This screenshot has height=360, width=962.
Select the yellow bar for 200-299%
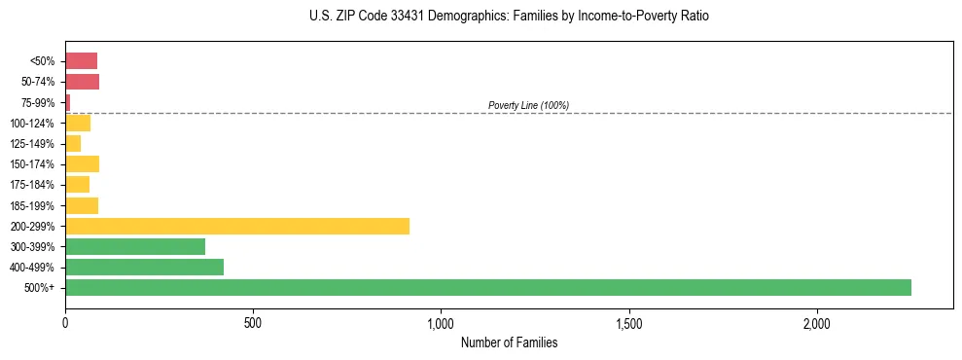(237, 226)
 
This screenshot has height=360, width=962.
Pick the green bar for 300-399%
(135, 246)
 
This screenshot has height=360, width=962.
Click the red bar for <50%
(81, 61)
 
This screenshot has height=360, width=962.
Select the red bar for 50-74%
(82, 82)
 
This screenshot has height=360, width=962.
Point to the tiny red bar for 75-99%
(68, 102)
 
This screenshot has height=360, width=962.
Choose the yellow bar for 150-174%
(82, 163)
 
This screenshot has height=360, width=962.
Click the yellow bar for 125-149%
(73, 143)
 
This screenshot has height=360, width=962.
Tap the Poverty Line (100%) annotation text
(528, 105)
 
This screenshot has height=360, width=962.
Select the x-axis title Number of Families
(509, 343)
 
